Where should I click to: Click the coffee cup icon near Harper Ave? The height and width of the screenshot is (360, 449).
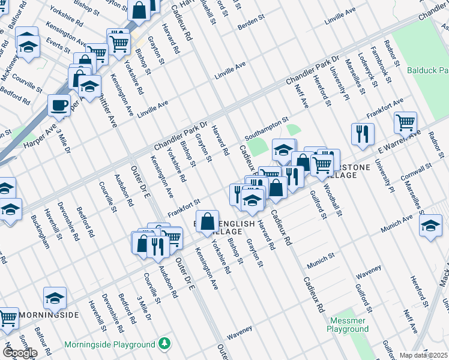point(59,106)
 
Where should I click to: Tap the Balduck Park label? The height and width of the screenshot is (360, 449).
point(427,70)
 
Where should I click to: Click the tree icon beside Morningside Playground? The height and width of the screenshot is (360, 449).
point(164,344)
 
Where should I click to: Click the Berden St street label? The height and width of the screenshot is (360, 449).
point(250,22)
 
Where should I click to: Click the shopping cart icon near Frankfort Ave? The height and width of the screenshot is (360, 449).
point(406,123)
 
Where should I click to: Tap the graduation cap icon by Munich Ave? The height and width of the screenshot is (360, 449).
point(430,227)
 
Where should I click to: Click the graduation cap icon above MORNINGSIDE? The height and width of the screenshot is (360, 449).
point(54,298)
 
